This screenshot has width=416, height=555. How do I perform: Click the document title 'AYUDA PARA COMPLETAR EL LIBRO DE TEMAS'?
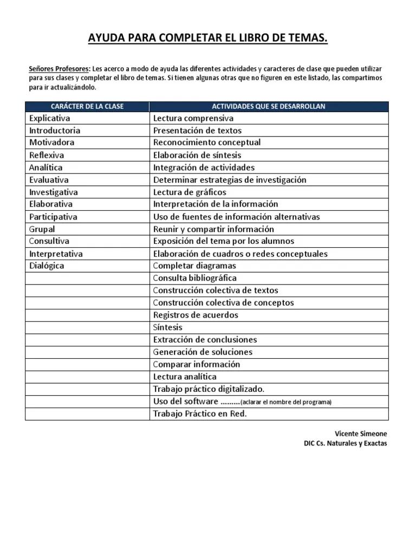(208, 38)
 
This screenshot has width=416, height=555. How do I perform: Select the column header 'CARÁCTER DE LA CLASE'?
(87, 106)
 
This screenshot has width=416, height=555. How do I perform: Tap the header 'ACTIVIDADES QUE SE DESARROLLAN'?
(269, 106)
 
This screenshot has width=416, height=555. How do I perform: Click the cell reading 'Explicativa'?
(50, 118)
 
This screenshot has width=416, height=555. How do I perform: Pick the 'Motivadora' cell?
(52, 143)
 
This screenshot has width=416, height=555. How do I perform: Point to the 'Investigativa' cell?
(54, 192)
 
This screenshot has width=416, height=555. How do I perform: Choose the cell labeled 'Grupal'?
(42, 229)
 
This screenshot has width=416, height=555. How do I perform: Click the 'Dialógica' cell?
(47, 266)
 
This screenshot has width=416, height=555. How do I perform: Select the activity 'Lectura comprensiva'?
(193, 118)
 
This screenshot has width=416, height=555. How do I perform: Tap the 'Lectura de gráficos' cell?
(190, 192)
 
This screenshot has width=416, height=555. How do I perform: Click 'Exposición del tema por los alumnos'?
(224, 241)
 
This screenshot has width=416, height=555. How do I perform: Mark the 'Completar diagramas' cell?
(194, 266)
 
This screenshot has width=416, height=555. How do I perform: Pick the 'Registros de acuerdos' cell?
(196, 315)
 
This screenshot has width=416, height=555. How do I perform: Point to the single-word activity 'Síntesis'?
(168, 327)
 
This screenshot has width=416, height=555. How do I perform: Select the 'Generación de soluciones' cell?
(203, 352)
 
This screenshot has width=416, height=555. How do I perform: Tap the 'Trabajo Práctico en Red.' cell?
(200, 414)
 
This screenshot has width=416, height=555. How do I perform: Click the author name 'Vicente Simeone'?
(361, 434)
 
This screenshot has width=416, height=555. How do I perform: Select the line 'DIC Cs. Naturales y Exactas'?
(346, 443)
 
